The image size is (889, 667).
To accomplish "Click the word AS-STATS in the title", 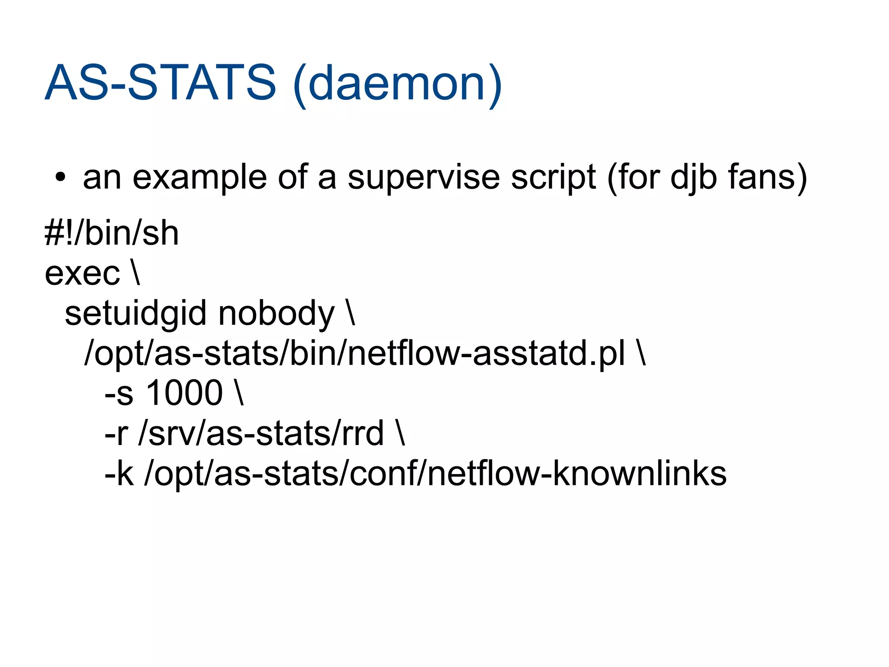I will pyautogui.click(x=160, y=82).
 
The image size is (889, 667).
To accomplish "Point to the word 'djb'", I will pyautogui.click(x=693, y=178).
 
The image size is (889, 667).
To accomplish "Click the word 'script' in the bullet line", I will pyautogui.click(x=553, y=178).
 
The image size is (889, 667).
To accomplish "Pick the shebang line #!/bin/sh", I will pyautogui.click(x=112, y=233).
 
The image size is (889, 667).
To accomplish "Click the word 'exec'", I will pyautogui.click(x=82, y=273).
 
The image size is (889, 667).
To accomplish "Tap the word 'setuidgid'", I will pyautogui.click(x=135, y=314).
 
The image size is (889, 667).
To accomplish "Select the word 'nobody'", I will pyautogui.click(x=277, y=314).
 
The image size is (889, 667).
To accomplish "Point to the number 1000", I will pyautogui.click(x=184, y=393).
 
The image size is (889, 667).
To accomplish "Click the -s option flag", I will pyautogui.click(x=119, y=393).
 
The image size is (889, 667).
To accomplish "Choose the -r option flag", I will pyautogui.click(x=116, y=433).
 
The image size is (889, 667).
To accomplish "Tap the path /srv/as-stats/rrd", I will pyautogui.click(x=261, y=433).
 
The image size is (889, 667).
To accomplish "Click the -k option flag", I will pyautogui.click(x=119, y=473).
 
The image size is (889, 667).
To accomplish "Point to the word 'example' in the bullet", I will pyautogui.click(x=199, y=178).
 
